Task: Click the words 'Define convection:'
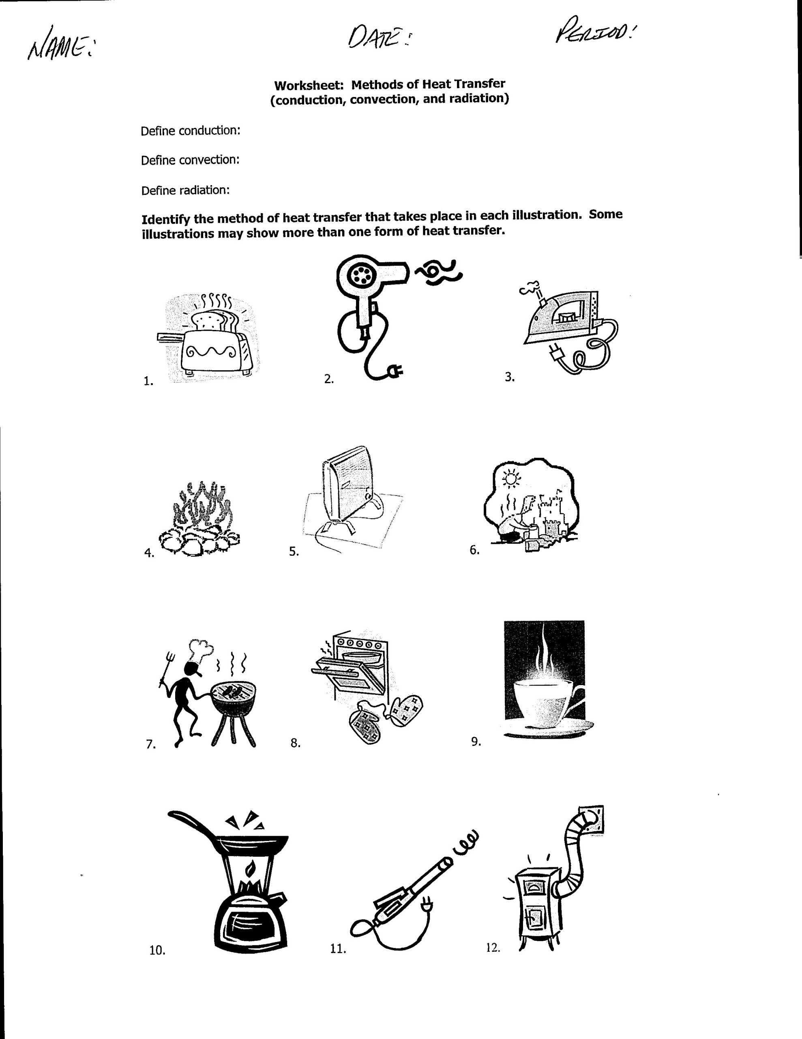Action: (190, 160)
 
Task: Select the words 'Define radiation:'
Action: (185, 190)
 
